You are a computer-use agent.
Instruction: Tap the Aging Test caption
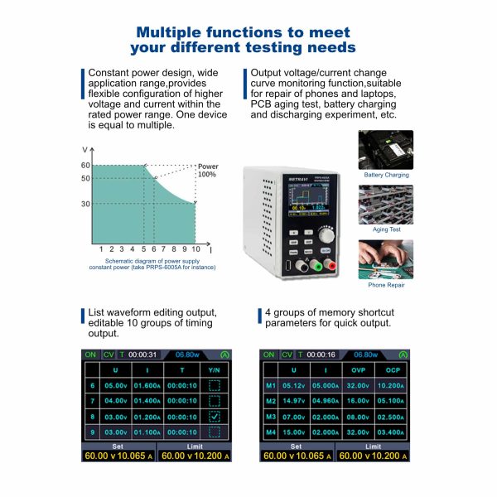pyautogui.click(x=386, y=229)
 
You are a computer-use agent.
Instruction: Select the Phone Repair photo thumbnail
pyautogui.click(x=386, y=258)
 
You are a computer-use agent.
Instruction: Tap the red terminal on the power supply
pyautogui.click(x=329, y=266)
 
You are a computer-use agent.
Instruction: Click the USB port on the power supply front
pyautogui.click(x=285, y=265)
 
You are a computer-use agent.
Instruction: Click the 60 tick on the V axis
pyautogui.click(x=85, y=166)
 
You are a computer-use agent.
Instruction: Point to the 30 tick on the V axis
pyautogui.click(x=85, y=204)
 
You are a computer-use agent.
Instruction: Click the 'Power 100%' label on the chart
pyautogui.click(x=207, y=170)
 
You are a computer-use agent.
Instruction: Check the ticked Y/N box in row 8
pyautogui.click(x=215, y=417)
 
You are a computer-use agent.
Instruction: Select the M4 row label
pyautogui.click(x=270, y=432)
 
